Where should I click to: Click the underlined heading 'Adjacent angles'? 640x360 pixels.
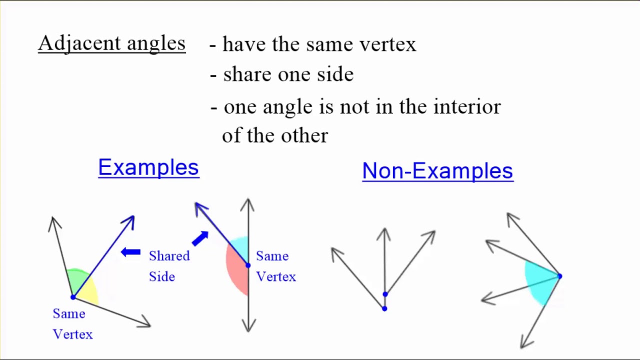coord(111,43)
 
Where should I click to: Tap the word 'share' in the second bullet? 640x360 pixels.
coord(247,74)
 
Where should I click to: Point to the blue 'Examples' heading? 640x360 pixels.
coord(148,167)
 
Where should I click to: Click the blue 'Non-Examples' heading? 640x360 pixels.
coord(437,171)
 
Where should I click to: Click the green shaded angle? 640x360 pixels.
coord(77,280)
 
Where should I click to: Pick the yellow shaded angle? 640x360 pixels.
coord(90,292)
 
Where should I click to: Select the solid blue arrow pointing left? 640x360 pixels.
coord(131,252)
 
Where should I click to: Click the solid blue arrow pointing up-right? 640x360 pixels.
coord(200,238)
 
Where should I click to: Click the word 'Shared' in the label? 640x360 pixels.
coord(169,256)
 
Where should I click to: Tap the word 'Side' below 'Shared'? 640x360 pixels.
coord(162,276)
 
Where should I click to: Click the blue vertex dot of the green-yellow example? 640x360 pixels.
coord(73,297)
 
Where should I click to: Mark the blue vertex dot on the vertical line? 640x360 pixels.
coord(248,265)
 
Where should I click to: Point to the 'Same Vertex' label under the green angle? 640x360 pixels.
coord(72,324)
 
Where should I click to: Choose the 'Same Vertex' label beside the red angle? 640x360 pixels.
coord(276,266)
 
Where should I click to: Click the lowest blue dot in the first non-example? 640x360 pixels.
coord(384,308)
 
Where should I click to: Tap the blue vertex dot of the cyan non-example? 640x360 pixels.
coord(559,276)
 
